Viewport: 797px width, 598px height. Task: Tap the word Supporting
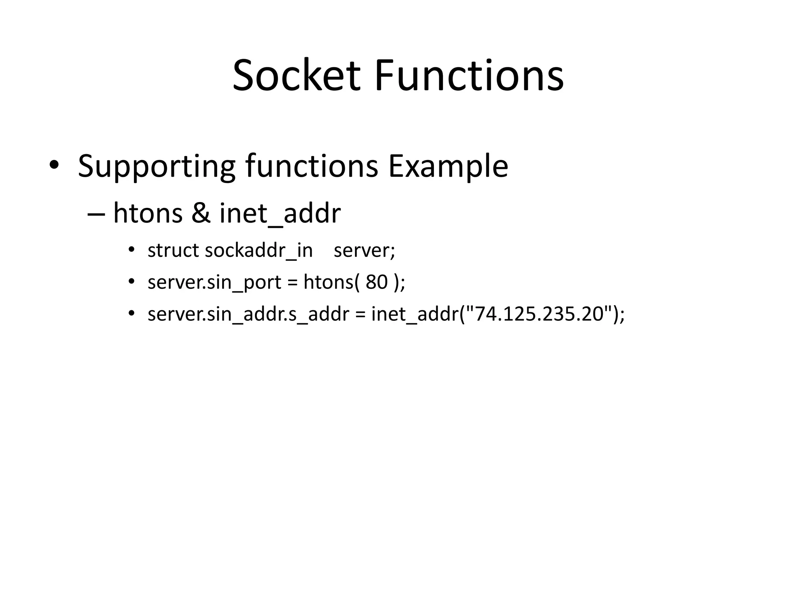[157, 167]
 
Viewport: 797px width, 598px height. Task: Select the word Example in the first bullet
[448, 167]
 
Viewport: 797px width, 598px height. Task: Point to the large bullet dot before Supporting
[54, 165]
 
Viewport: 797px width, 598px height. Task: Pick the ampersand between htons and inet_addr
[201, 213]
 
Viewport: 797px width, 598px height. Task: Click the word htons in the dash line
[148, 213]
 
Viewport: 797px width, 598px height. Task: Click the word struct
[174, 250]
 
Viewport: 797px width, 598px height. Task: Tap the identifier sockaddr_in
[259, 250]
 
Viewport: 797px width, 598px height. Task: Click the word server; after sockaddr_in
[364, 250]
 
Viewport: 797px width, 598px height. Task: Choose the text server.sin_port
[214, 282]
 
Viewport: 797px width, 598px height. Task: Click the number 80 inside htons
[377, 282]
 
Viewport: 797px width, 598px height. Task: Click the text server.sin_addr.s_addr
[248, 314]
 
